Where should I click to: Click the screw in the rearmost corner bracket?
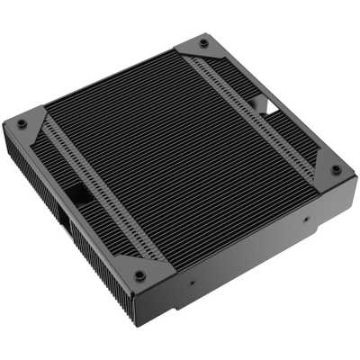point(204,43)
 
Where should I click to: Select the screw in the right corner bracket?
point(336,168)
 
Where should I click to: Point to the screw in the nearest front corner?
point(139,274)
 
